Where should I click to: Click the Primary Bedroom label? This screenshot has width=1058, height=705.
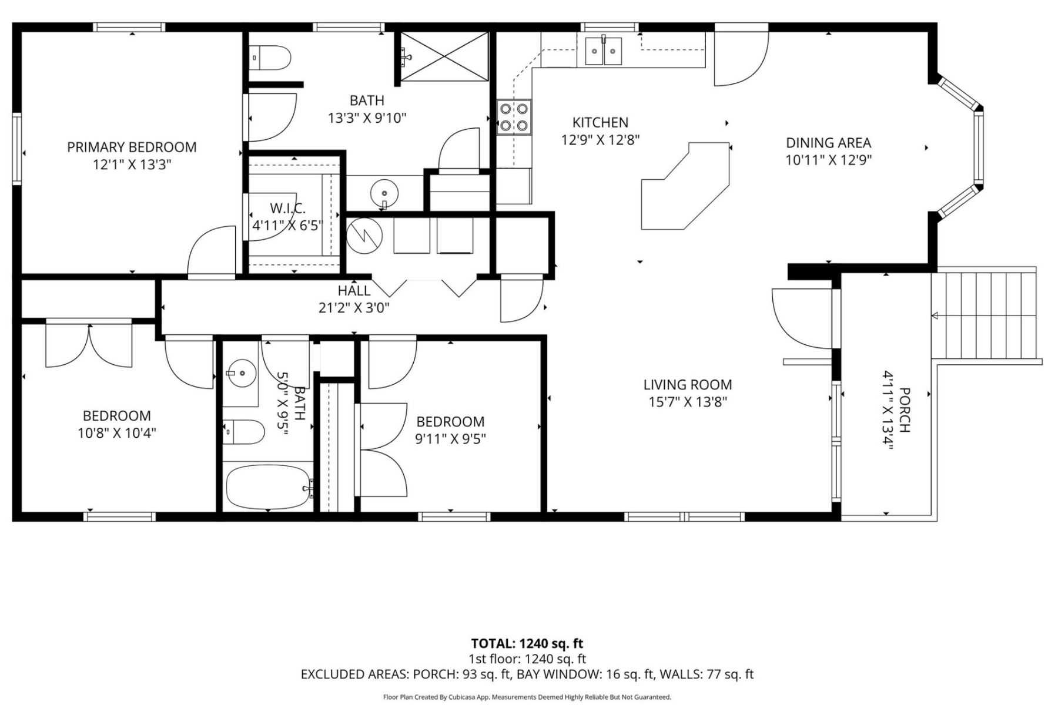click(x=132, y=147)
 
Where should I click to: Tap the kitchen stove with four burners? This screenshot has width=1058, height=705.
click(x=514, y=117)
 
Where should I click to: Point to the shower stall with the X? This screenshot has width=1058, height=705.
click(x=444, y=56)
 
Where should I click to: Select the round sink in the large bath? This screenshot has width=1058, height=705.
click(x=384, y=192)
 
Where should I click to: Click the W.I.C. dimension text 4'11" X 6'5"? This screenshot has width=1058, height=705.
click(x=288, y=225)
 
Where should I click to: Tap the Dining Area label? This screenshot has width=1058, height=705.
click(x=828, y=142)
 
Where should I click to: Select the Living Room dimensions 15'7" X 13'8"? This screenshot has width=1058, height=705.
click(x=688, y=402)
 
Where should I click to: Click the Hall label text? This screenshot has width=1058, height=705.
click(x=354, y=291)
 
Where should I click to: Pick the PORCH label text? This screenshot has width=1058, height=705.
click(x=905, y=410)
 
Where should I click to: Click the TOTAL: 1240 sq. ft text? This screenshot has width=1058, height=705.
click(x=527, y=643)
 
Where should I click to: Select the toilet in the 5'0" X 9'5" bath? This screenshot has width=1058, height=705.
click(x=245, y=432)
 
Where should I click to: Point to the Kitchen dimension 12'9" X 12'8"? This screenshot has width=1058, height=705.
click(x=600, y=140)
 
